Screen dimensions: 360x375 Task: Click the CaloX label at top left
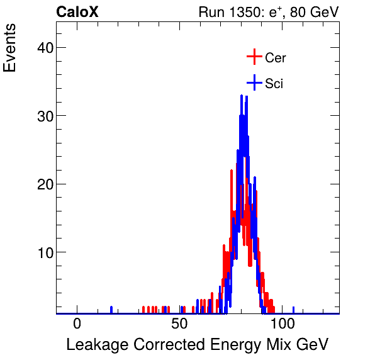click(x=77, y=12)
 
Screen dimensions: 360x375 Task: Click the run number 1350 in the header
click(x=257, y=13)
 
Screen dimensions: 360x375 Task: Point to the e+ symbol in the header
click(x=277, y=12)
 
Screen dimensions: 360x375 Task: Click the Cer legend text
click(x=276, y=58)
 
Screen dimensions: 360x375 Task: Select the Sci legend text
click(x=274, y=83)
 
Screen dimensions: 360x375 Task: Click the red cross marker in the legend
click(x=254, y=57)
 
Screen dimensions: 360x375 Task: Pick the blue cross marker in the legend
click(x=254, y=82)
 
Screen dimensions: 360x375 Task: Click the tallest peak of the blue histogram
click(x=241, y=96)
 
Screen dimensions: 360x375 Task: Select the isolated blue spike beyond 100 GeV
click(x=294, y=310)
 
